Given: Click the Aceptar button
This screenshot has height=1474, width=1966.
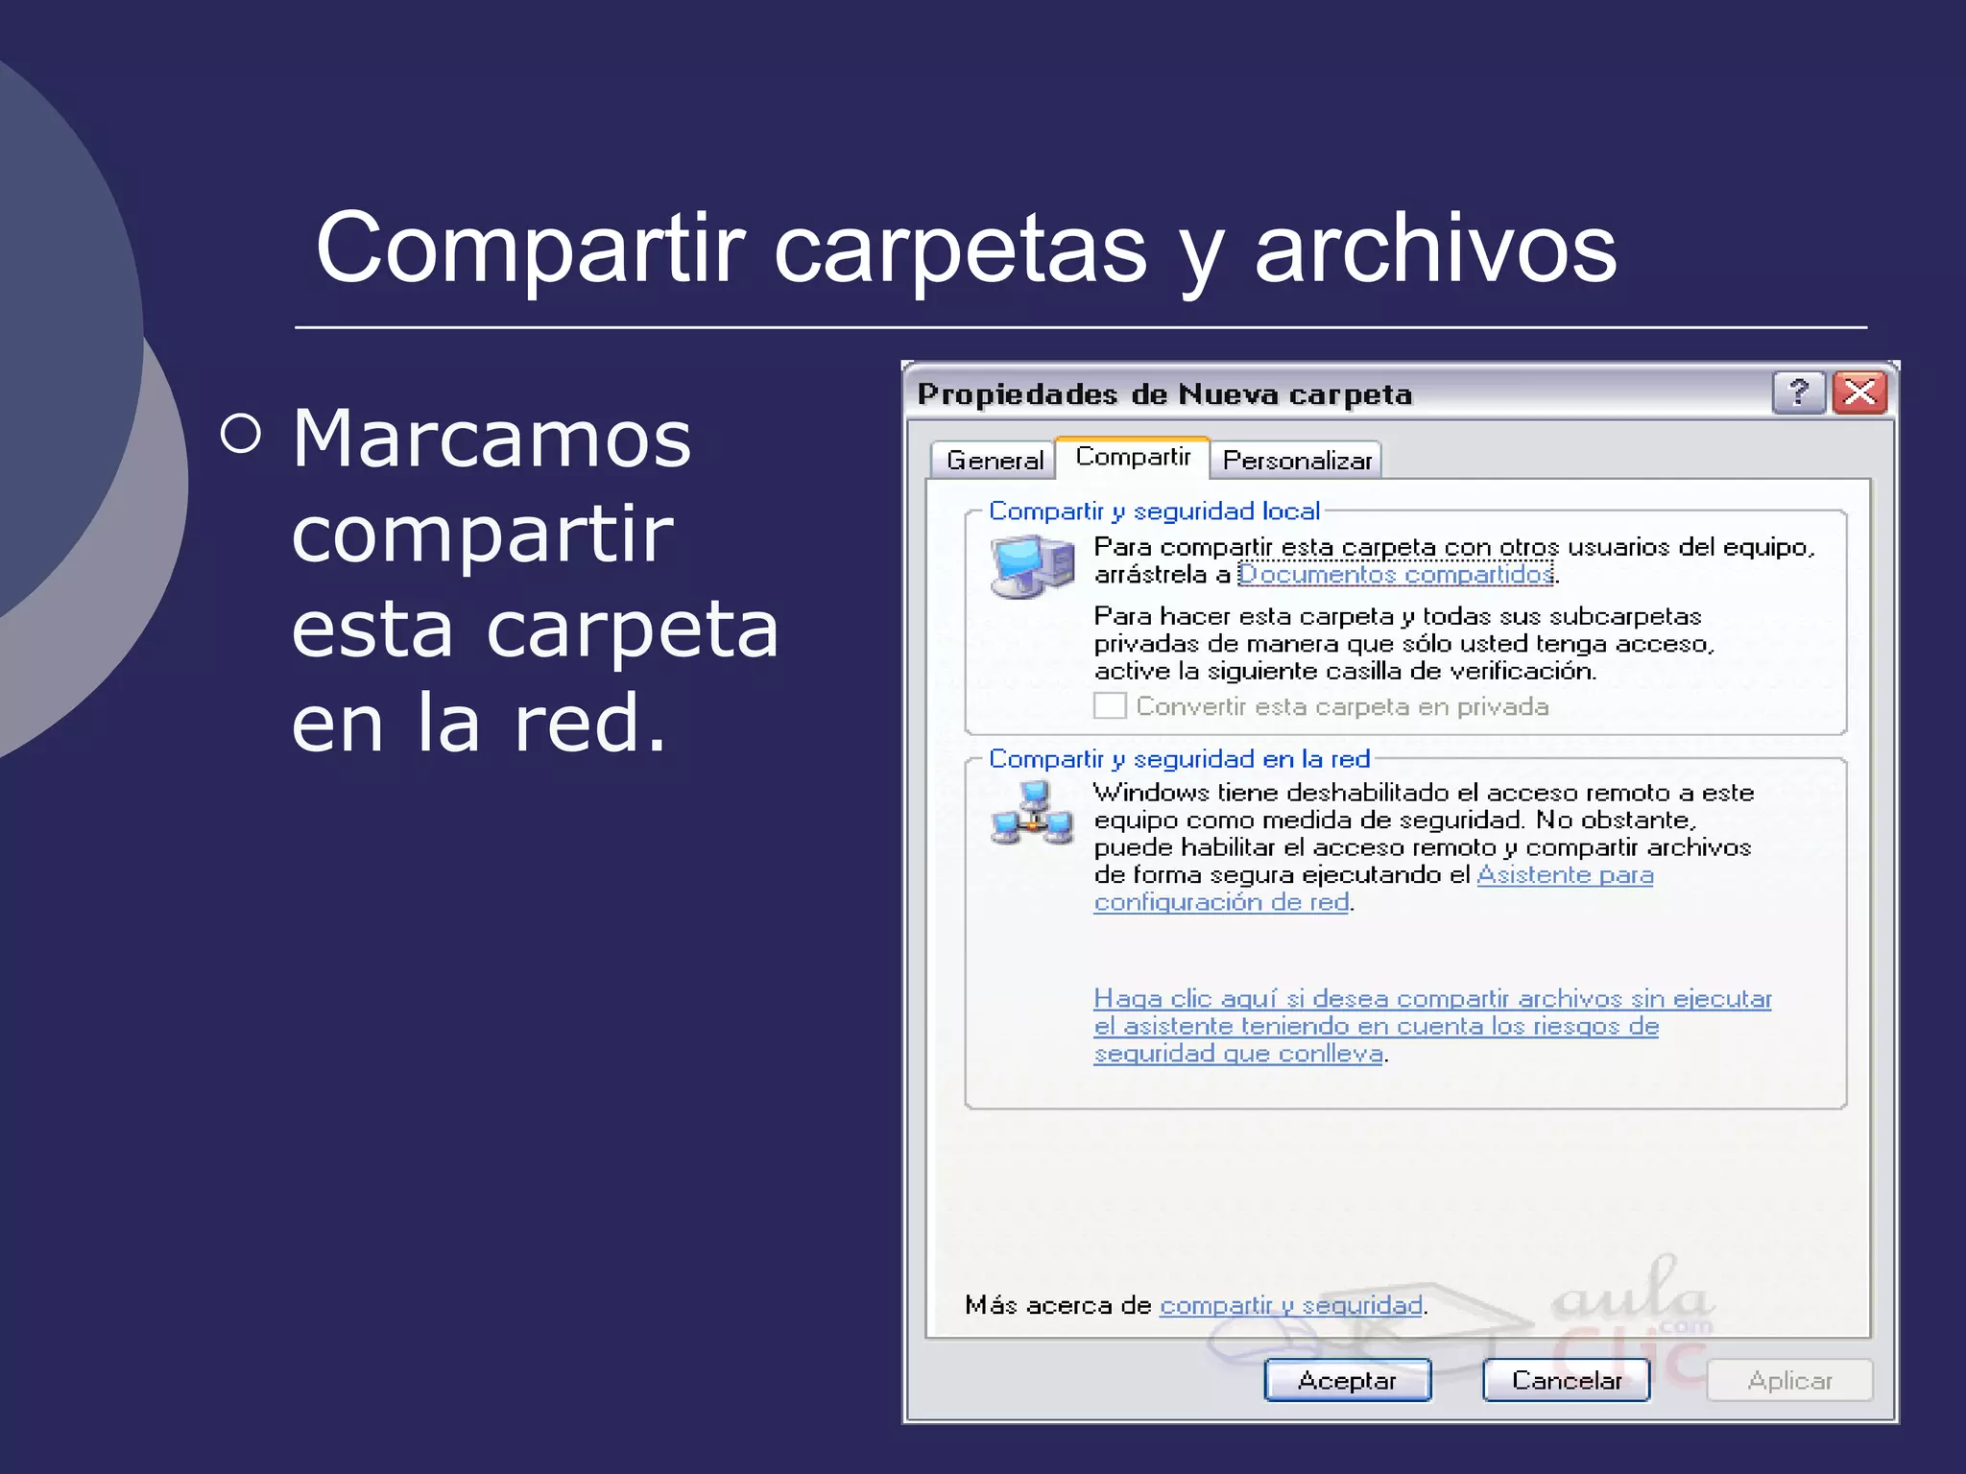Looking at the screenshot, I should [x=1347, y=1380].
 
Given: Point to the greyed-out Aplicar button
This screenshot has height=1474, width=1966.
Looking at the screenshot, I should [x=1789, y=1380].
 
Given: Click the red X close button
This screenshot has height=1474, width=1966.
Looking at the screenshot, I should [x=1860, y=392].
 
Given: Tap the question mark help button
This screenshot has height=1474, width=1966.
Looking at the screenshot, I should [x=1798, y=392].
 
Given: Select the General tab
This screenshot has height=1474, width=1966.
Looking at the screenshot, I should [x=995, y=461].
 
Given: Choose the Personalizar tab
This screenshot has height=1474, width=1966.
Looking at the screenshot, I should [x=1296, y=461].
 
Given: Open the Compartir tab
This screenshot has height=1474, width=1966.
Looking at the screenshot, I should [x=1133, y=457].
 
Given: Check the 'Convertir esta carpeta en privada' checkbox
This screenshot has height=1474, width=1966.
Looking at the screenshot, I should [x=1110, y=706].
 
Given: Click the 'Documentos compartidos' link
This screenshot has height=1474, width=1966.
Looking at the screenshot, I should [x=1396, y=574].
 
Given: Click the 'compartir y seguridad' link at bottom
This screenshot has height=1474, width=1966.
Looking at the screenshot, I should [x=1290, y=1305].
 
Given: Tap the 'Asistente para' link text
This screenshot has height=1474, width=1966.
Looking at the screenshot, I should [x=1565, y=874].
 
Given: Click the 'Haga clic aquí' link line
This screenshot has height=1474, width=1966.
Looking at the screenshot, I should [x=1432, y=999].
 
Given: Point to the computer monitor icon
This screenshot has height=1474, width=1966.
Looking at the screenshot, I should [x=1031, y=566].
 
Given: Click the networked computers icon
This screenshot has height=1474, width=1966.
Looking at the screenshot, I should [x=1032, y=815].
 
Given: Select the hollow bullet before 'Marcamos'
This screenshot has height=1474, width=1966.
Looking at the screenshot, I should [x=240, y=434].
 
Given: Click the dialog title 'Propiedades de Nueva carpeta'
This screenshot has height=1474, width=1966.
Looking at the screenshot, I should [x=1164, y=394].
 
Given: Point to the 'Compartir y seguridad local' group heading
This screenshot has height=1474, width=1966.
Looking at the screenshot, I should [x=1154, y=511].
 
